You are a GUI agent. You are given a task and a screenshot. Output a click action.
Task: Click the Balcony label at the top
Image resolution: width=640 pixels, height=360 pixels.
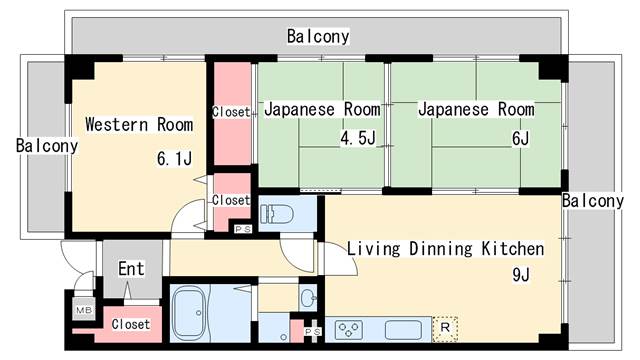pyautogui.click(x=318, y=37)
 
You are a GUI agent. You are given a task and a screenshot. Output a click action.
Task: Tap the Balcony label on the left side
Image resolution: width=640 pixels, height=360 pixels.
pyautogui.click(x=47, y=145)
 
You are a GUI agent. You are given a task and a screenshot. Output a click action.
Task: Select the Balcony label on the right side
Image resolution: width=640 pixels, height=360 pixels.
pyautogui.click(x=592, y=201)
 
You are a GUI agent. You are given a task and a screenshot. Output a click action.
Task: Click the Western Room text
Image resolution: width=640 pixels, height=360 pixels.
pyautogui.click(x=139, y=125)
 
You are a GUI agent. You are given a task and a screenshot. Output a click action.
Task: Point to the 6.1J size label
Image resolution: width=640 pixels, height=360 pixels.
pyautogui.click(x=174, y=159)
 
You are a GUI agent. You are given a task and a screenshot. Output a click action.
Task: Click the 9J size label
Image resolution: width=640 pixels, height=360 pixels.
pyautogui.click(x=520, y=275)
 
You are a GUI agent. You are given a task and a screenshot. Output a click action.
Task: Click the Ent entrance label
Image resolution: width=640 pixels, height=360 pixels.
pyautogui.click(x=131, y=268)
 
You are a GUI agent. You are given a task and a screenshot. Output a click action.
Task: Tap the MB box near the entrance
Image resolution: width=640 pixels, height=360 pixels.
pyautogui.click(x=82, y=311)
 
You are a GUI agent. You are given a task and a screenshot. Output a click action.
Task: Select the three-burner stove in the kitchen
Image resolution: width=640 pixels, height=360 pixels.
pyautogui.click(x=350, y=328)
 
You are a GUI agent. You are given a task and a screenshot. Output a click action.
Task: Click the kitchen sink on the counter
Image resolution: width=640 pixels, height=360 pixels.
pyautogui.click(x=403, y=328)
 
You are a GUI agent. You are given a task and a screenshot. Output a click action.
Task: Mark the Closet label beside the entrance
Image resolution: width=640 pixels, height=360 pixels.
pyautogui.click(x=130, y=324)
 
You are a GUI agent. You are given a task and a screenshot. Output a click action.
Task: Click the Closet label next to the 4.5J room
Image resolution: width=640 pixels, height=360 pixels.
pyautogui.click(x=231, y=112)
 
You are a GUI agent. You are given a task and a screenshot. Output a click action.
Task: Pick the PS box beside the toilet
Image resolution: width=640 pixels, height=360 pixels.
pyautogui.click(x=242, y=229)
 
